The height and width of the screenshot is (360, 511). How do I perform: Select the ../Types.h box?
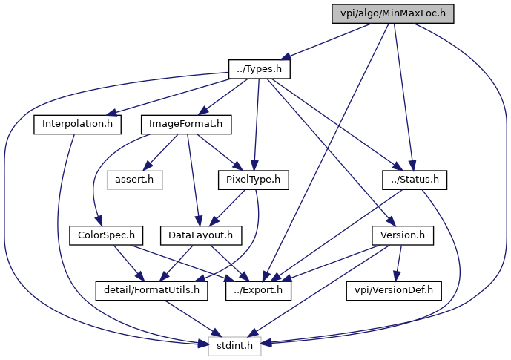(x=258, y=69)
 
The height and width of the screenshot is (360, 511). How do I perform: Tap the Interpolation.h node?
(x=76, y=124)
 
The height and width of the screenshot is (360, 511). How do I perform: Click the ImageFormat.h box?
(x=186, y=124)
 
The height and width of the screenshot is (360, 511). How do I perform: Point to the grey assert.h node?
(x=135, y=179)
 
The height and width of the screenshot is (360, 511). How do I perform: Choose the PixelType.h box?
(x=254, y=179)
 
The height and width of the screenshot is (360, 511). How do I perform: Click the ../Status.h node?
(x=415, y=179)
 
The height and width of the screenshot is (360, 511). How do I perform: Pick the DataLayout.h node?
(x=196, y=235)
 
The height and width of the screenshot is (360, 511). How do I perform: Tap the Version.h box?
(x=401, y=235)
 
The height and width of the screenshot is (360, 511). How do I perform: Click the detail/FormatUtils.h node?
(x=151, y=290)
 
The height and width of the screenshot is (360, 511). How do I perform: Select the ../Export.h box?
(x=258, y=290)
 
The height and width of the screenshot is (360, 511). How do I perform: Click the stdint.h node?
(x=234, y=345)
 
